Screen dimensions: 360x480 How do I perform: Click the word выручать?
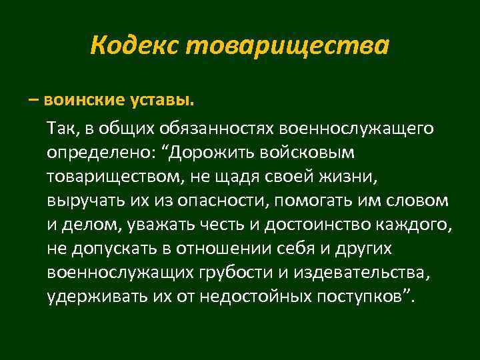click(78, 201)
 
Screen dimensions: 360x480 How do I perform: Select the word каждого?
click(417, 226)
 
